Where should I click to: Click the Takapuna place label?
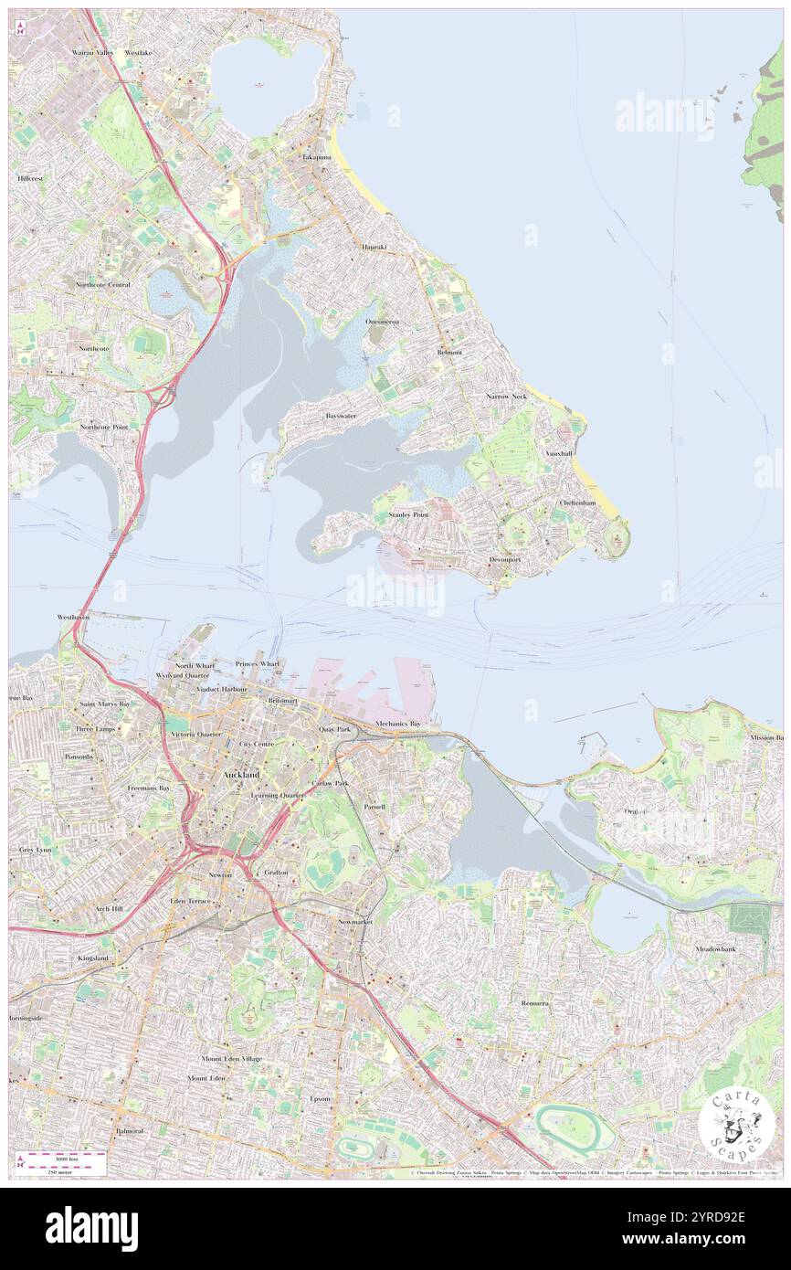coord(317,157)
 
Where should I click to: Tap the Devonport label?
coord(504,558)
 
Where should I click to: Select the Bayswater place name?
coord(341,416)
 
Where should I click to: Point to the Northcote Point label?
coord(103,427)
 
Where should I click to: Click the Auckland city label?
coord(241,775)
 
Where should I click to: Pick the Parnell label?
coord(374,807)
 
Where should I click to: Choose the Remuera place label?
coord(536,1002)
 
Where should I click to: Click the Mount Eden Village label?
coord(231,1058)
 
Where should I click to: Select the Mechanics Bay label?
coord(398,724)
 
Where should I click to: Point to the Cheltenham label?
coord(577,503)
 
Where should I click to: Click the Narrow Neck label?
coord(506,397)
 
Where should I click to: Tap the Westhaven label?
coord(73,617)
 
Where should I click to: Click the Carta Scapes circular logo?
coord(736,1127)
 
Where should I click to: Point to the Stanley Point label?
coord(408,515)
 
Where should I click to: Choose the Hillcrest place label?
coord(29,178)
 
